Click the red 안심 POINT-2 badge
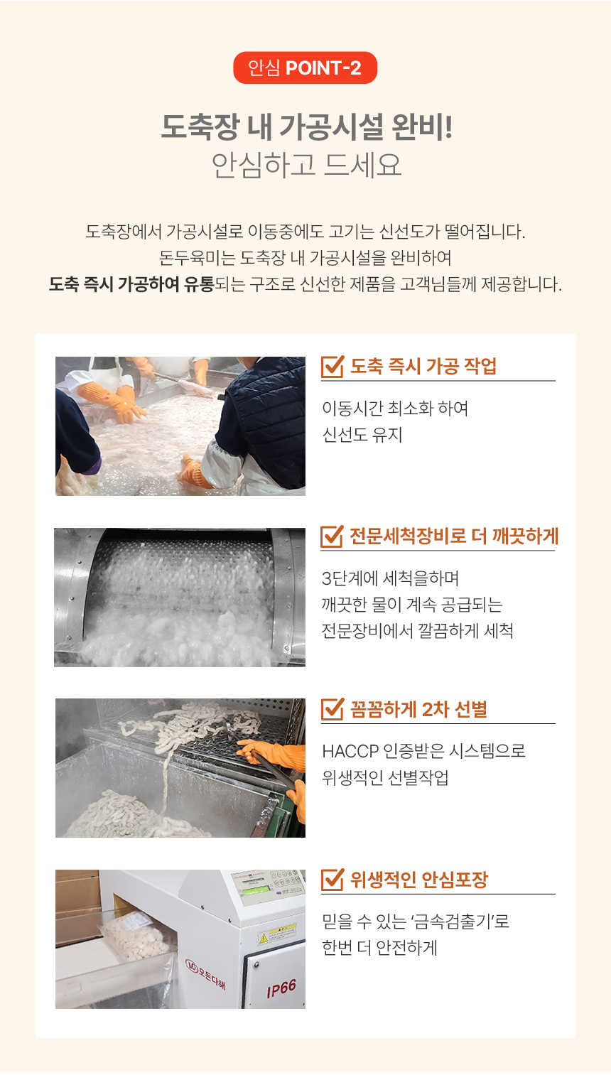(305, 67)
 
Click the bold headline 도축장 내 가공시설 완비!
(307, 127)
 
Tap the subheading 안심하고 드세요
(306, 165)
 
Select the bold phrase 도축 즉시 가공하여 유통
(131, 284)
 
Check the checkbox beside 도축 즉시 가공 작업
(332, 367)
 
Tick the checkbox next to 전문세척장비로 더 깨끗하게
(332, 536)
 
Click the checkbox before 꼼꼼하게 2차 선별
(332, 709)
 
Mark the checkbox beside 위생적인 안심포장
(332, 880)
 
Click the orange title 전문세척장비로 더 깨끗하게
(454, 536)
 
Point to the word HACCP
(350, 751)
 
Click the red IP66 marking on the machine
(281, 988)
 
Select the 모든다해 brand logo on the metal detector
(205, 975)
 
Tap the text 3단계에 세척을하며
(390, 578)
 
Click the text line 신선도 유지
(362, 435)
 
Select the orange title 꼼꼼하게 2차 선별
(418, 709)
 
